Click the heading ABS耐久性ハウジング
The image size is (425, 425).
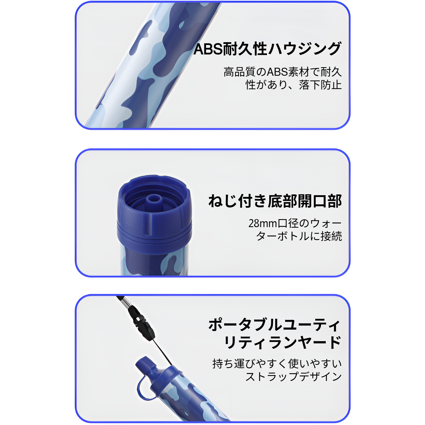[x=267, y=49]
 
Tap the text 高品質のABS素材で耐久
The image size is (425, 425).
[x=282, y=72]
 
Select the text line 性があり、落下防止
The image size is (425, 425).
[x=294, y=85]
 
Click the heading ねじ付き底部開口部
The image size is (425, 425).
[x=275, y=201]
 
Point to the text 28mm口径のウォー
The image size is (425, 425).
[x=295, y=223]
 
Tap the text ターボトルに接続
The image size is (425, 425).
[x=299, y=236]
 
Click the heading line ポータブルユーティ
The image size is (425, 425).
[x=274, y=325]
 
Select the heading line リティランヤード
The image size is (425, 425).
[x=283, y=342]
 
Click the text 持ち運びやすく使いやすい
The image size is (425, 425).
[x=277, y=364]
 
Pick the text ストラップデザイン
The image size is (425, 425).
[x=294, y=376]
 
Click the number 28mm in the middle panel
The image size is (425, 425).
[x=263, y=224]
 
